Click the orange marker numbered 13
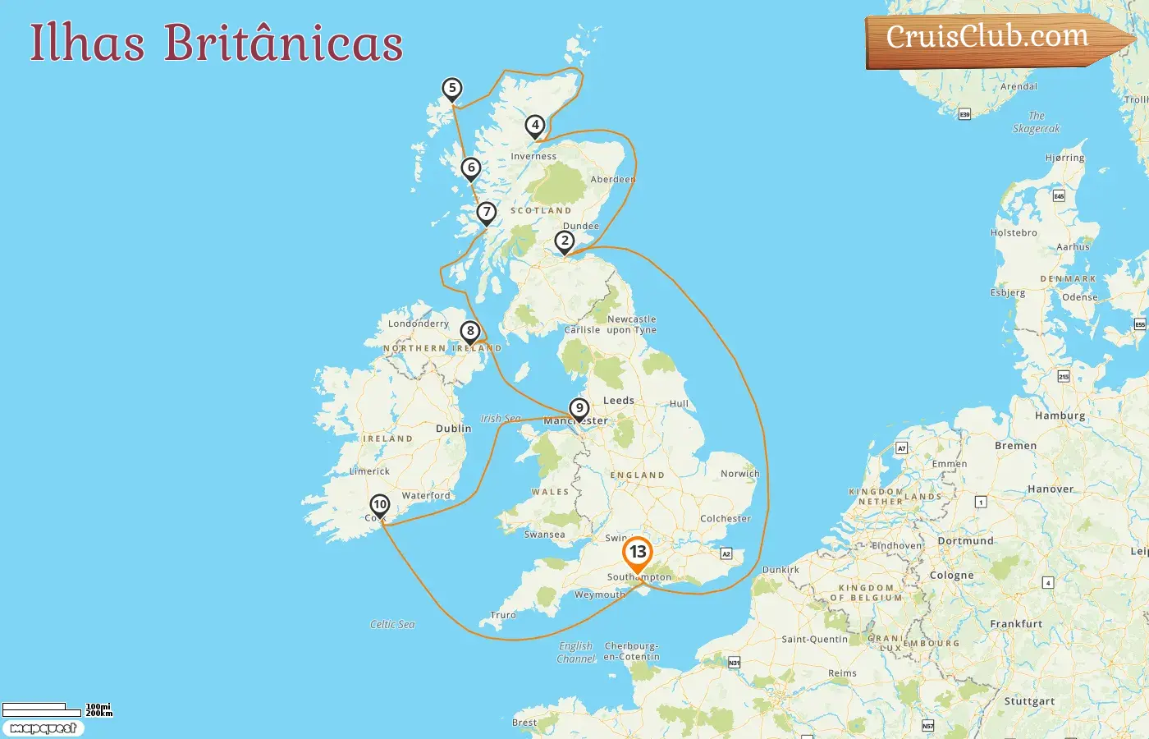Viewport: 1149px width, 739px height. click(x=637, y=553)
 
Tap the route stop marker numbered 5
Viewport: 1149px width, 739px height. click(x=451, y=89)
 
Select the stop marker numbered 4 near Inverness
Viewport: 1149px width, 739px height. click(x=535, y=126)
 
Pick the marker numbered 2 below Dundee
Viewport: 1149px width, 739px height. click(x=564, y=241)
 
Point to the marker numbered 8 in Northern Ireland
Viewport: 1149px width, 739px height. click(x=470, y=332)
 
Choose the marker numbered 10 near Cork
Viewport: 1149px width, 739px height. click(x=379, y=505)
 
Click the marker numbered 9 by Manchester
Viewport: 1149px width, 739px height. click(x=579, y=409)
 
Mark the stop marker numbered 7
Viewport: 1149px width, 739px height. click(x=487, y=213)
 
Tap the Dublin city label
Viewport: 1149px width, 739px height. click(x=453, y=429)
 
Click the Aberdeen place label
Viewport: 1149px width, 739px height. click(x=612, y=179)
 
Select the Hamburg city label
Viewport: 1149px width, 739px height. click(x=1060, y=415)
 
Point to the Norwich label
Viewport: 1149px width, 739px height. click(x=739, y=474)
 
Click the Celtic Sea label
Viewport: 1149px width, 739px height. click(x=392, y=625)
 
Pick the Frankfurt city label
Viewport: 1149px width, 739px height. click(x=1016, y=624)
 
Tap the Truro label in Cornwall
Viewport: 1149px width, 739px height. click(x=503, y=615)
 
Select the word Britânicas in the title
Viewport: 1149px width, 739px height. click(x=283, y=43)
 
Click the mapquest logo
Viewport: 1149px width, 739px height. click(x=43, y=728)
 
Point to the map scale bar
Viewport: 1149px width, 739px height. click(x=34, y=707)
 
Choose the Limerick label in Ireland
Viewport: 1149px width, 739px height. click(x=369, y=471)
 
